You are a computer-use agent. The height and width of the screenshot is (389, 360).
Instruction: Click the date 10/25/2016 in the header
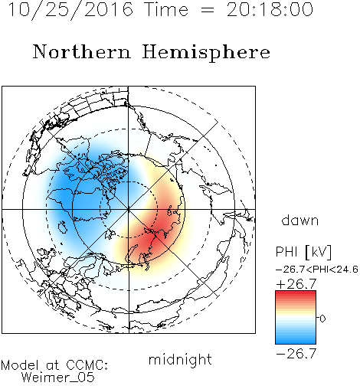pos(70,10)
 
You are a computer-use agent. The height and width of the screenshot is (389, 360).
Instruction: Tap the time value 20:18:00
pos(270,10)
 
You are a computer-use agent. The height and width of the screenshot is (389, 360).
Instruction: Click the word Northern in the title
pos(82,52)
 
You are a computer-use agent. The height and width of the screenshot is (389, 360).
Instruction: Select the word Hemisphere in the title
pos(206,53)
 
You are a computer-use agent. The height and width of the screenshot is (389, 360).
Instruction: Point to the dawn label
pos(300,220)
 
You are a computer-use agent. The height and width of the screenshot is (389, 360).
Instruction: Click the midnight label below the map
pos(180,360)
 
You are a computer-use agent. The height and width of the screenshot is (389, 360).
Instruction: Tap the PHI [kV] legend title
pos(303,252)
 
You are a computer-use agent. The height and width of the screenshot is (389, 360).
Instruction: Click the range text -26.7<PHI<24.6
pos(317,270)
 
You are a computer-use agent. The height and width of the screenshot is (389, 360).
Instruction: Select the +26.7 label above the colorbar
pos(296,284)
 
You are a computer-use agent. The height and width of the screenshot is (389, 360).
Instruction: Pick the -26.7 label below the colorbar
pos(296,354)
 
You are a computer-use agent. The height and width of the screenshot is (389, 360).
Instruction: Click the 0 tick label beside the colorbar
pos(322,319)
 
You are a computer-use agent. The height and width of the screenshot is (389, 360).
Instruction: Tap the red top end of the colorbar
pos(296,293)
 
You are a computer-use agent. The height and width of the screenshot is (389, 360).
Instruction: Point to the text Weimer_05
pos(58,378)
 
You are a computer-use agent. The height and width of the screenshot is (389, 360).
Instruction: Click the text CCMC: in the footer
pos(87,365)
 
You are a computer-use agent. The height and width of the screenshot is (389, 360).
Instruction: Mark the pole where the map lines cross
pos(129,210)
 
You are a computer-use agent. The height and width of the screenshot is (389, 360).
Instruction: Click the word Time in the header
pos(166,10)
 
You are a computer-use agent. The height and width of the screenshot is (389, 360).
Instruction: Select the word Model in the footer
pos(20,365)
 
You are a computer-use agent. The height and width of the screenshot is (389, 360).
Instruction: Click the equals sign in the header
pos(207,10)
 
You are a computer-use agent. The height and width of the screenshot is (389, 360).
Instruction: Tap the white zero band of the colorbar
pos(296,319)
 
